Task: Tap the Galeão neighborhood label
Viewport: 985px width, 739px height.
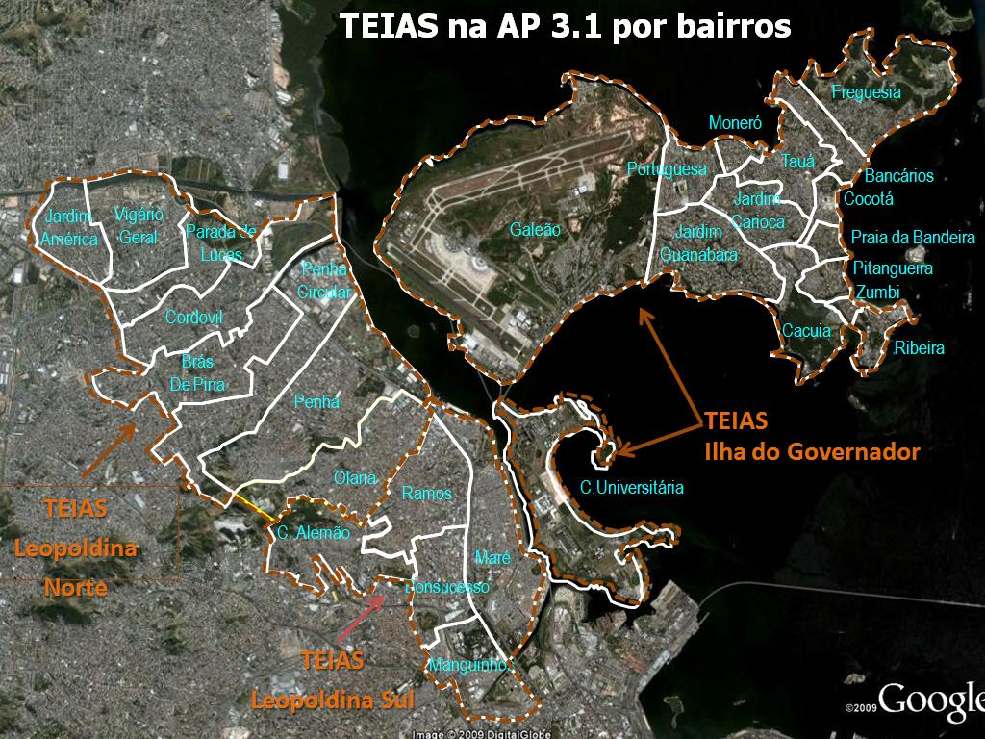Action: point(536,230)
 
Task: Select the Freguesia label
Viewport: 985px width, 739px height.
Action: point(866,92)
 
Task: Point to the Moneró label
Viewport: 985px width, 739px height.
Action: point(735,123)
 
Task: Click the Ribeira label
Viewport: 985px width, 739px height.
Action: point(919,348)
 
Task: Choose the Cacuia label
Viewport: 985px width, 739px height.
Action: point(806,331)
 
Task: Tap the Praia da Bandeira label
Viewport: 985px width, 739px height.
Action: point(913,238)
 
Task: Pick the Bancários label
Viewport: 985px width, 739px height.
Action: point(898,177)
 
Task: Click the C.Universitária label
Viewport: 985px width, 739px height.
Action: point(632,488)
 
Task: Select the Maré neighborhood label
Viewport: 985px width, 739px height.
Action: point(492,558)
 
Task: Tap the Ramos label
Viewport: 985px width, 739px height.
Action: point(427,494)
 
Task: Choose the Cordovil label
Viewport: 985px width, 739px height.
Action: point(194,318)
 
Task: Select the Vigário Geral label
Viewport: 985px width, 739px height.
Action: point(139,226)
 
